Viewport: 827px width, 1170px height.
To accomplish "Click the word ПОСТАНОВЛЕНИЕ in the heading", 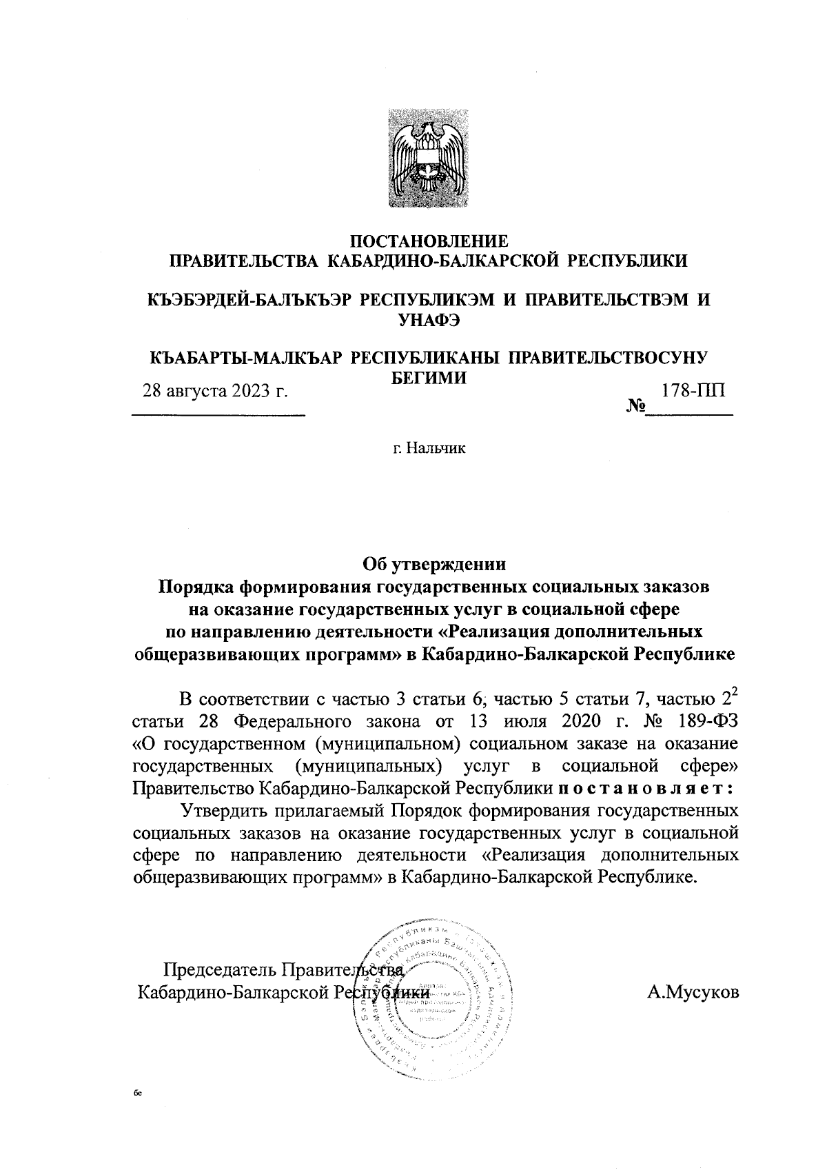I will coord(429,241).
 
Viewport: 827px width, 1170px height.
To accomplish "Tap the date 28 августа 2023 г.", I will coord(214,392).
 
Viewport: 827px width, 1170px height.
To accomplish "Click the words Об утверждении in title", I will coord(434,565).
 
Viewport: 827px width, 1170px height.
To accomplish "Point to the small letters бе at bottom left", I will coord(138,1093).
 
